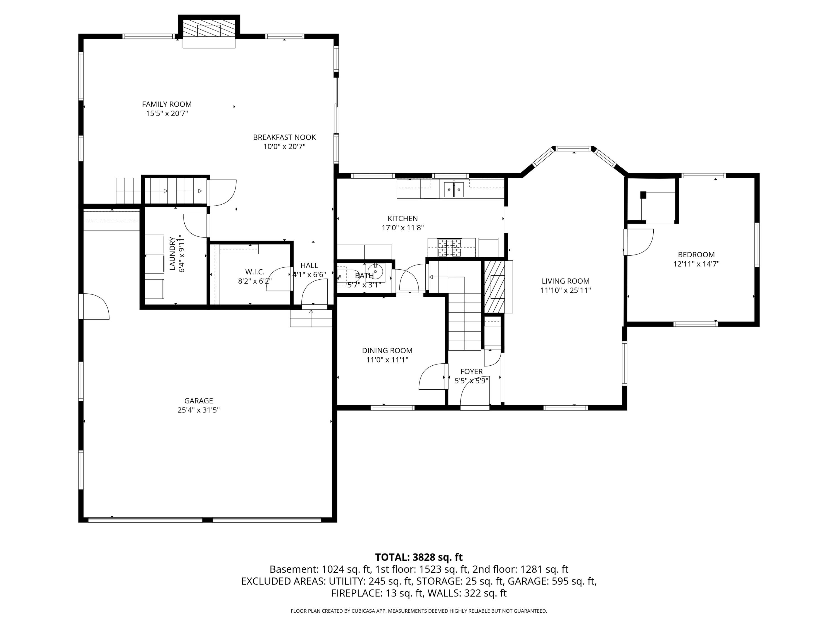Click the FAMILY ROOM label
pos(167,104)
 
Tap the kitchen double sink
pos(454,189)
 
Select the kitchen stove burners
pos(450,248)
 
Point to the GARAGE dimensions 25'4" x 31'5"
pos(199,410)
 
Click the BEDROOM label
pos(696,255)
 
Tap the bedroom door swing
pos(639,242)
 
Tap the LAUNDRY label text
pos(172,254)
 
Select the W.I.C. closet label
pos(254,272)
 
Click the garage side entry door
pos(95,307)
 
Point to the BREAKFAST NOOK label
pos(284,137)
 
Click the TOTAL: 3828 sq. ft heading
pos(419,557)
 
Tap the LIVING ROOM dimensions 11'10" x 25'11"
pos(565,290)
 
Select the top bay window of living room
pos(573,149)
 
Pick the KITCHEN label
pos(402,219)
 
